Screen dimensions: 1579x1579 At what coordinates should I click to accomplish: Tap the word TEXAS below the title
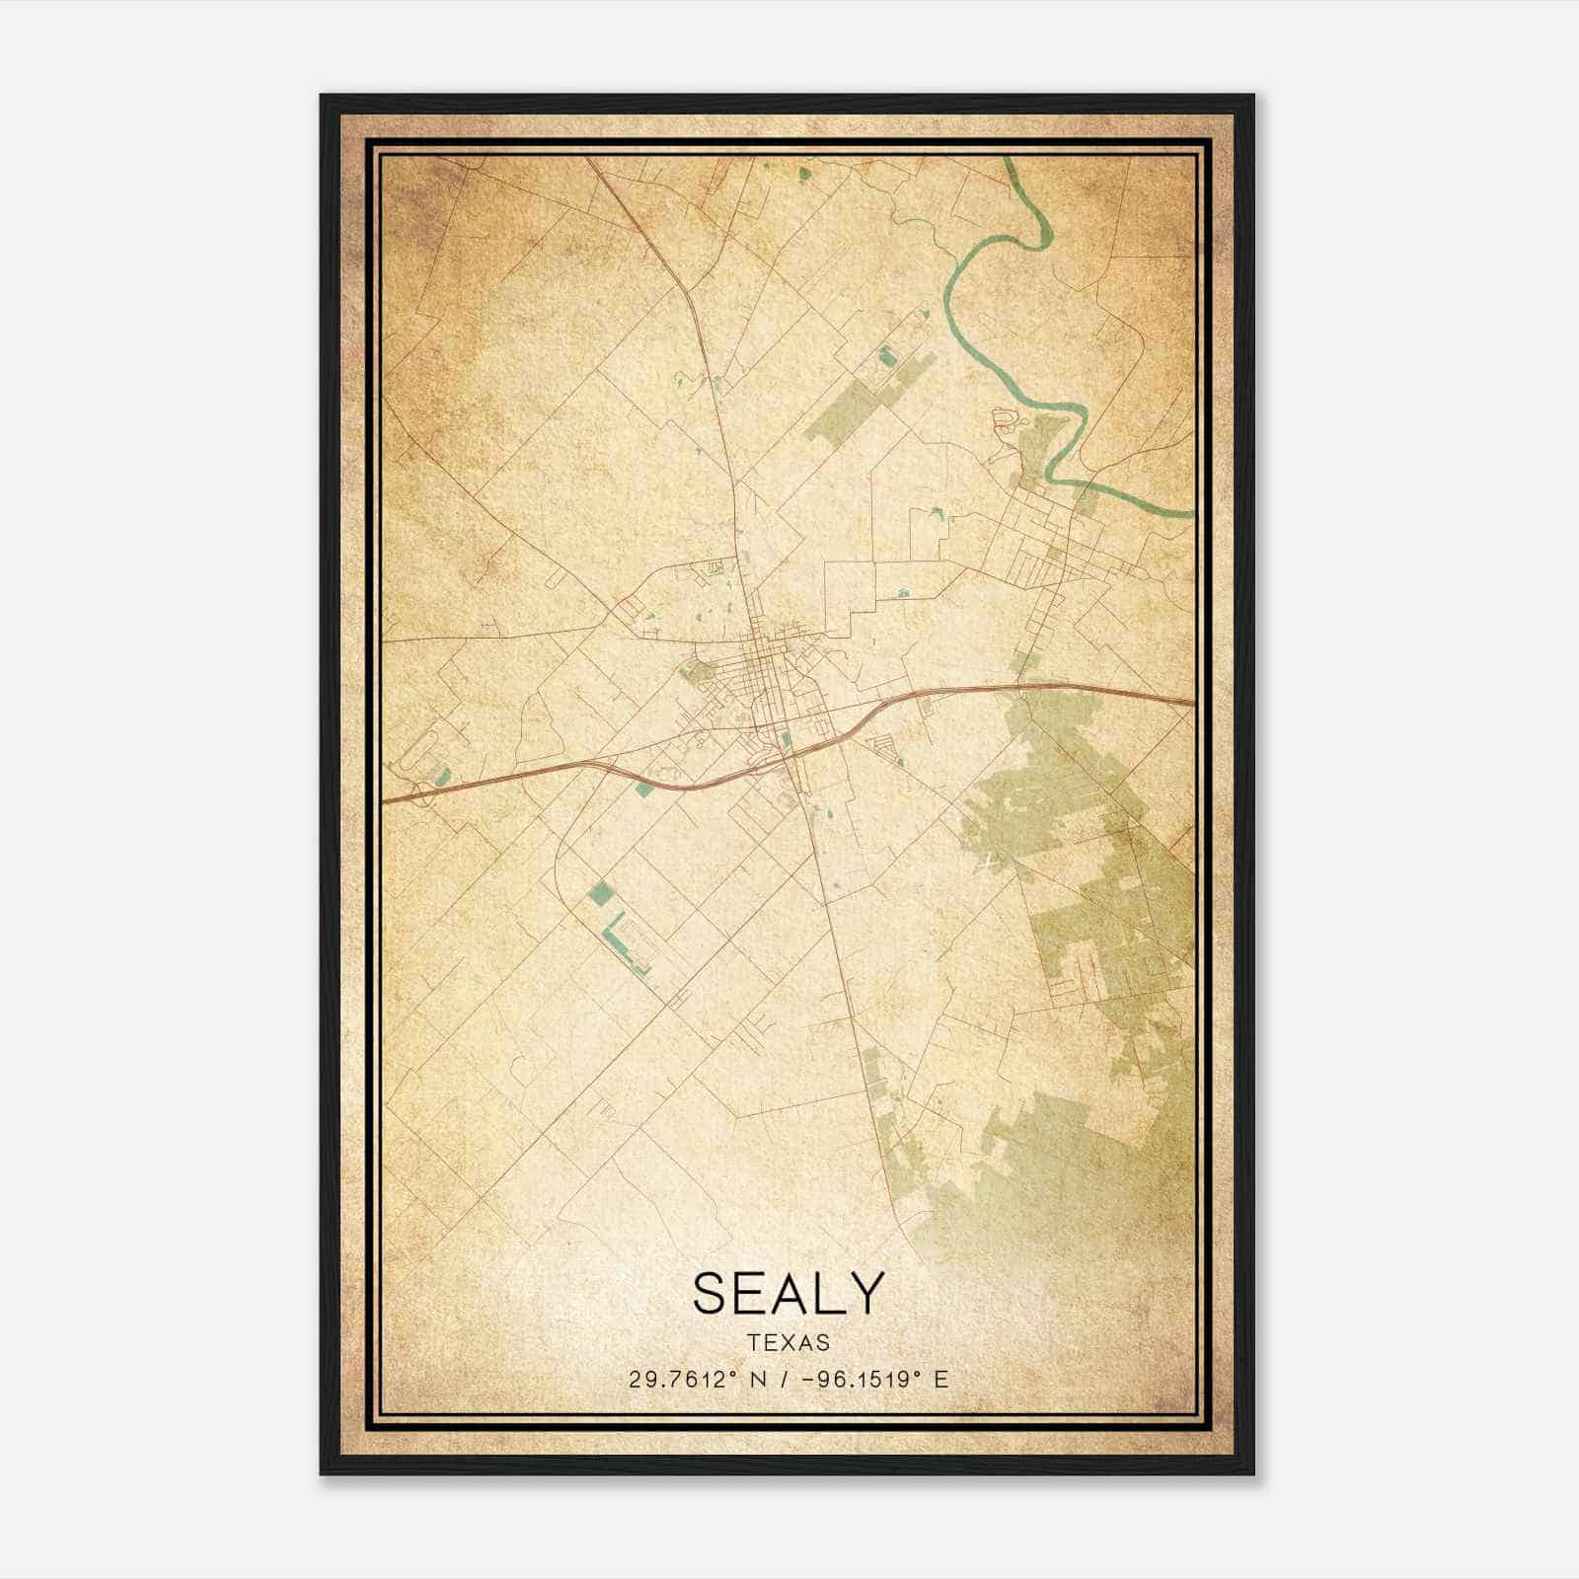click(788, 1343)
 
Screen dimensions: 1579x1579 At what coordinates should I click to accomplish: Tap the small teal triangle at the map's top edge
click(804, 172)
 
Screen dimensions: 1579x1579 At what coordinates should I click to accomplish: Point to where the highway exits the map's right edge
click(1191, 702)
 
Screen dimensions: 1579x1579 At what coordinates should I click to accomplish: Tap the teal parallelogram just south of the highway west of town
click(645, 788)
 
